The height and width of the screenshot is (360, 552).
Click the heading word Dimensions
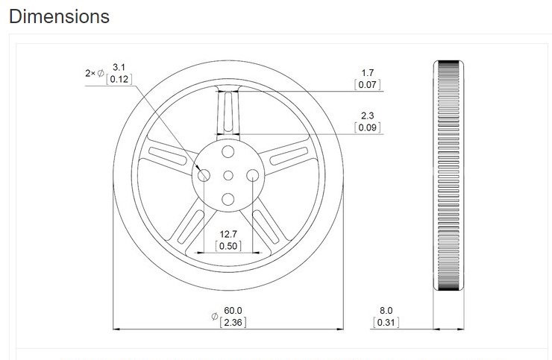(59, 16)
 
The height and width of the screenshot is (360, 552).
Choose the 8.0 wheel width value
(386, 310)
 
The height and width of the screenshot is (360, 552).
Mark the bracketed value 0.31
(386, 322)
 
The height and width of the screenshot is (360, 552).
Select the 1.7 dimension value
(367, 73)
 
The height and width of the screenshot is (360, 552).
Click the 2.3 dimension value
(367, 116)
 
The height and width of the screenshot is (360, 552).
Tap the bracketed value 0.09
(367, 127)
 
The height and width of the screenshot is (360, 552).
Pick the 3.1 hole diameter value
(119, 67)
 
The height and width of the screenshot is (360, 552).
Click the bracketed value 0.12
(119, 79)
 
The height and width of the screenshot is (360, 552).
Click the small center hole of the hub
(228, 175)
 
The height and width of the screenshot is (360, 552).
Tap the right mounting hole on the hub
(253, 175)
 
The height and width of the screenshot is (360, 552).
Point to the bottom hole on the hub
(228, 199)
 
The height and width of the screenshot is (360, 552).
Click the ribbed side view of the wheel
(448, 175)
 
